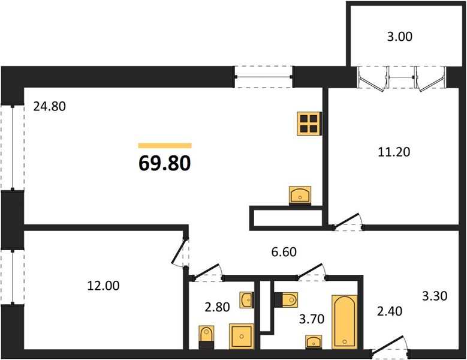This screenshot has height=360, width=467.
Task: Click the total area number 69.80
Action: click(165, 163)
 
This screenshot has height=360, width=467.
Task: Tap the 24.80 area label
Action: click(49, 106)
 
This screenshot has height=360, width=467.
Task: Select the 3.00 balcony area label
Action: click(400, 37)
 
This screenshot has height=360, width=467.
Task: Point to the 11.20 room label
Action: click(394, 152)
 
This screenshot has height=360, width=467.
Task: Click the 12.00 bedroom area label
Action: click(103, 286)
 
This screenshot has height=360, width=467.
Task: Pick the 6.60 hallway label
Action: click(284, 252)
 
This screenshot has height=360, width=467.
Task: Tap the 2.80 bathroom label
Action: click(217, 307)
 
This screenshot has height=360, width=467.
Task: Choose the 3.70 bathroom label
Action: click(312, 319)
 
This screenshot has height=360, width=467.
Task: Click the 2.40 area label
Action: click(390, 311)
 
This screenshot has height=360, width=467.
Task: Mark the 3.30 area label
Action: click(435, 296)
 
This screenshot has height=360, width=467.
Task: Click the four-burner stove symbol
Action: click(309, 124)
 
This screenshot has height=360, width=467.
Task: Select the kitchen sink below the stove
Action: click(300, 196)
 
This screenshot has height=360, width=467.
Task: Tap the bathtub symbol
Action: click(345, 322)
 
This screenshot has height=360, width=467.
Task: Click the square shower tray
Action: click(242, 336)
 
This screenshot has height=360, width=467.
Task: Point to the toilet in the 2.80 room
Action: click(206, 337)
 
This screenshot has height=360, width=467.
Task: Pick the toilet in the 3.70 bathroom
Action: click(286, 299)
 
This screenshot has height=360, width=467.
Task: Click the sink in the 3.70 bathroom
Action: click(314, 342)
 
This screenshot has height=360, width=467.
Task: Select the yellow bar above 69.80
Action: click(165, 145)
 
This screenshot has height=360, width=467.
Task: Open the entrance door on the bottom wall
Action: click(390, 348)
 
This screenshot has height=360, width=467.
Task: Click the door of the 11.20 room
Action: click(348, 222)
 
